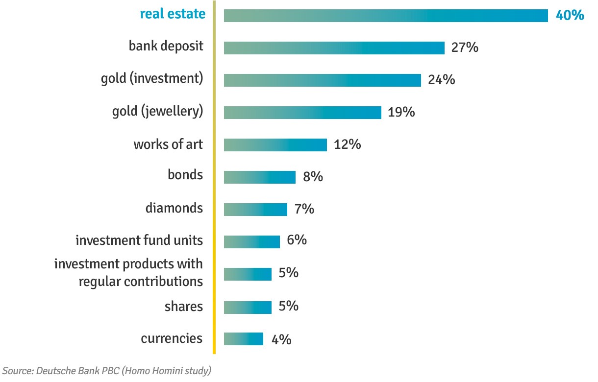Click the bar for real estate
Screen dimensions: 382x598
386,16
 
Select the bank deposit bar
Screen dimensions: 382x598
334,48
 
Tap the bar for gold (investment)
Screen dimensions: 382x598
322,80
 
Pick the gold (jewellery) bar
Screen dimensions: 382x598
302,113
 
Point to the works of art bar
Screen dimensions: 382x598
275,145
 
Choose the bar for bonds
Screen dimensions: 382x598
259,177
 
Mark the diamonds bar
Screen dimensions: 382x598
255,210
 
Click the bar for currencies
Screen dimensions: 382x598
243,339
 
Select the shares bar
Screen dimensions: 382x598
248,307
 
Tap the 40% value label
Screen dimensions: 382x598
570,15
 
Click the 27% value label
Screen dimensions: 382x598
465,48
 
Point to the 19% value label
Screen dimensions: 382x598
401,112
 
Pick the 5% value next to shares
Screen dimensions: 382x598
288,306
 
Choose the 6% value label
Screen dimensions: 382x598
297,240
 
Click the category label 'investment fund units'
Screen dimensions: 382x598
139,240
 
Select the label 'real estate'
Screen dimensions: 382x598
173,14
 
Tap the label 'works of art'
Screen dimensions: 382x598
168,145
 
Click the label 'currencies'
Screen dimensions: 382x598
172,338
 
